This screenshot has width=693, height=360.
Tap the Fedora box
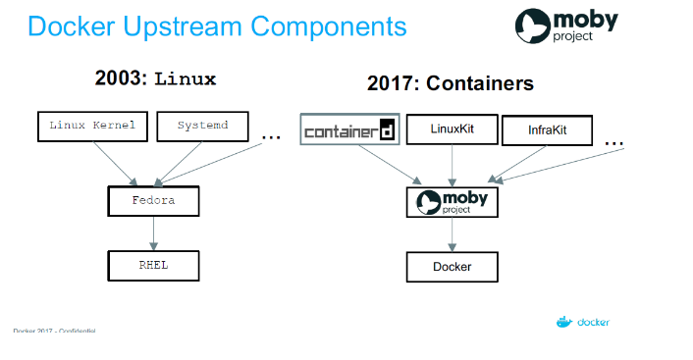tap(152, 201)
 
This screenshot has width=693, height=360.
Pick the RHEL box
tap(152, 264)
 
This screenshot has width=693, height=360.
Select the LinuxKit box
tap(452, 129)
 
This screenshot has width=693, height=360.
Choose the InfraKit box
tap(547, 129)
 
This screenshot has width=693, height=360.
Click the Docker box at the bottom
tap(452, 267)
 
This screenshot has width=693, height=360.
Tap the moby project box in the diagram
tap(452, 202)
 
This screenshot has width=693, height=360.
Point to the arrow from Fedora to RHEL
tap(152, 233)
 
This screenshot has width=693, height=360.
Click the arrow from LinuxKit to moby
tap(452, 164)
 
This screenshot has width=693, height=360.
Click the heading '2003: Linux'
tap(155, 77)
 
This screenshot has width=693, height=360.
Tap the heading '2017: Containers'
tap(451, 83)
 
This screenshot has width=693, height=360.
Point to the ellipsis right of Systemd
tap(271, 135)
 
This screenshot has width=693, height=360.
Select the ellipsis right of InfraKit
tap(613, 143)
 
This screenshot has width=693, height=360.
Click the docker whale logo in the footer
tap(563, 321)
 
